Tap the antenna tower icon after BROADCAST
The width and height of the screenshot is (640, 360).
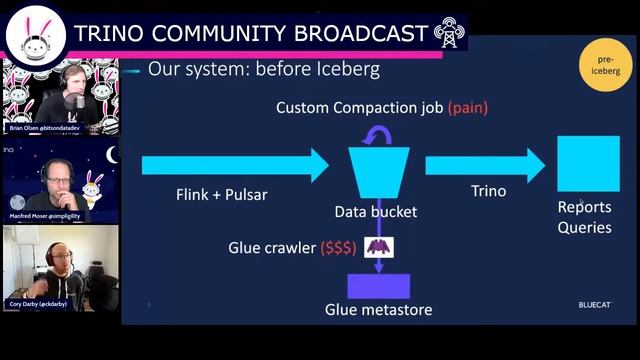tap(449, 33)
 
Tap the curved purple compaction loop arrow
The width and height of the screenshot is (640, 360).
tap(376, 135)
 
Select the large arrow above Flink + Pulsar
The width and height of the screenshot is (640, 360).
tap(234, 164)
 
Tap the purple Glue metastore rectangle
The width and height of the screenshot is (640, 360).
tap(378, 286)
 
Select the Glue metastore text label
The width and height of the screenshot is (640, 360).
tap(378, 310)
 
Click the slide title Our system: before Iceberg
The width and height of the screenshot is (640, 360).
tap(263, 71)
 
